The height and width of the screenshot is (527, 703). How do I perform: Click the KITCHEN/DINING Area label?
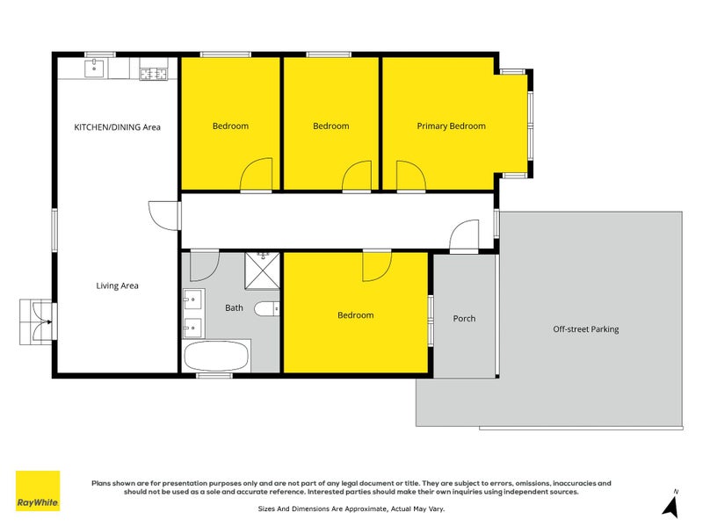(x=117, y=126)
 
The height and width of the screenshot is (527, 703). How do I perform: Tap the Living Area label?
(x=117, y=285)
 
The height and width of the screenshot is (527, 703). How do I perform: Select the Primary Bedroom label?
(x=451, y=126)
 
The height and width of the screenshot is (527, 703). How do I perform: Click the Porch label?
(x=464, y=318)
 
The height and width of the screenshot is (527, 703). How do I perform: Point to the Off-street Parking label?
(x=585, y=329)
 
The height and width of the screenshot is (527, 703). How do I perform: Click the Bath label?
(x=234, y=307)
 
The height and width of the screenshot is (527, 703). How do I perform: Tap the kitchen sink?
(x=96, y=69)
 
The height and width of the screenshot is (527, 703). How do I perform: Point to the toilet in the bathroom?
(x=266, y=309)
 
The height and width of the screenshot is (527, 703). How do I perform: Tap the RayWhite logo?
(x=38, y=491)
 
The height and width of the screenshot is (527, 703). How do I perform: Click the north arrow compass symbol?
(x=672, y=504)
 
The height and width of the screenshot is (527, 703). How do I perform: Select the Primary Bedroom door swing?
(x=410, y=176)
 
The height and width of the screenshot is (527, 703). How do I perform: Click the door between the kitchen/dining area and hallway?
(x=163, y=214)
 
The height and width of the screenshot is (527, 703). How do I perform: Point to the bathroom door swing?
(x=203, y=264)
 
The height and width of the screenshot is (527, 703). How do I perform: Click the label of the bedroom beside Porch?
(x=355, y=315)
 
